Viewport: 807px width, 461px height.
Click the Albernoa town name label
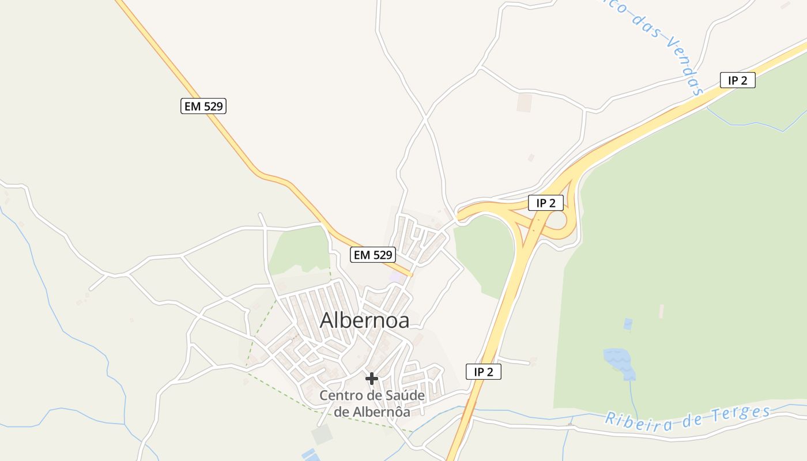click(x=364, y=320)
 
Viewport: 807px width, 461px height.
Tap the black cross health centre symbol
click(x=372, y=379)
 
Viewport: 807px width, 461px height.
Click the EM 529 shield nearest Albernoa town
click(x=373, y=255)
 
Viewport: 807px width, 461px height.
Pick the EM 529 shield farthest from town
click(x=203, y=106)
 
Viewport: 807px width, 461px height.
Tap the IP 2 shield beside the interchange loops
click(x=545, y=203)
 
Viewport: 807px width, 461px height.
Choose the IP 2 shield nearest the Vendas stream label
click(x=737, y=80)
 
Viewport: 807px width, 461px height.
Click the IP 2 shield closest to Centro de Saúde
click(x=484, y=372)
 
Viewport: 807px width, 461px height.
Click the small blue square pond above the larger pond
click(x=628, y=324)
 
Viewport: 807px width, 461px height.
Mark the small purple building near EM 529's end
click(x=397, y=277)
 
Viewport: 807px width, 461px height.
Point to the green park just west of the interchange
click(x=484, y=254)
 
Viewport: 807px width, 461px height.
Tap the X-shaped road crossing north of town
click(x=425, y=119)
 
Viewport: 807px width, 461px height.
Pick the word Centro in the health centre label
click(x=338, y=396)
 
